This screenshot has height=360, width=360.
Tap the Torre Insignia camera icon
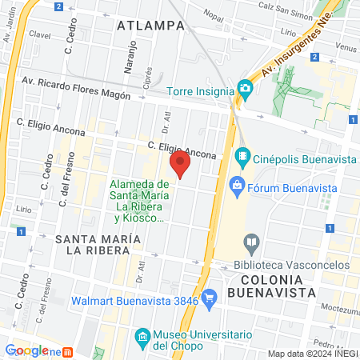click(246, 91)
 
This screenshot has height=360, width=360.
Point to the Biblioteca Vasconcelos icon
click(252, 241)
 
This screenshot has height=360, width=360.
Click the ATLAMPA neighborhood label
click(150, 26)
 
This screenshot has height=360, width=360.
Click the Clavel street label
click(39, 35)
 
